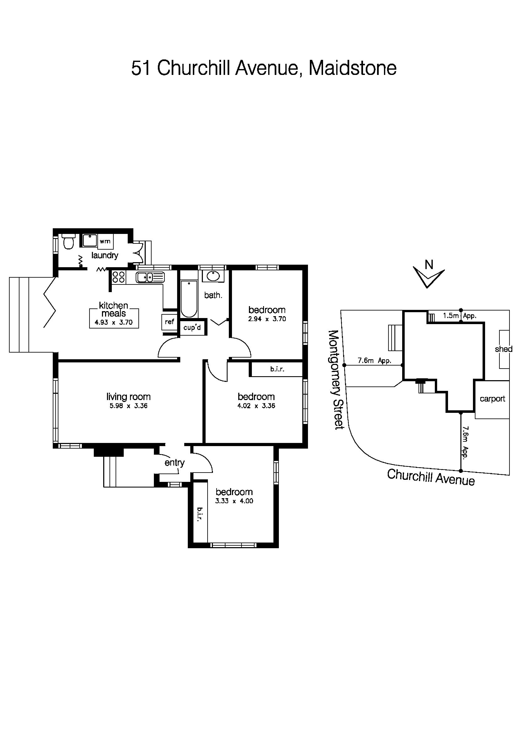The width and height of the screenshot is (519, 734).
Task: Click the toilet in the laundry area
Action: pos(68,242)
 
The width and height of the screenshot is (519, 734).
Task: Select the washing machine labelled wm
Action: pos(105,241)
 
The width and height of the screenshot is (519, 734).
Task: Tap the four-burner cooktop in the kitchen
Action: pos(118,277)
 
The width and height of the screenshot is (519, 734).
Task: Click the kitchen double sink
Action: pos(150,277)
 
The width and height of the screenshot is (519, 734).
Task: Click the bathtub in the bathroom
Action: pos(189,298)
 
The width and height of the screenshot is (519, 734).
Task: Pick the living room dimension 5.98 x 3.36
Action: pos(128,406)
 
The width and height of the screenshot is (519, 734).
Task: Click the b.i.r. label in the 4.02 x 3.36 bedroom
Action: pos(277,369)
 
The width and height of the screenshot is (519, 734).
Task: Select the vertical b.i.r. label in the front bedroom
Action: pos(200,514)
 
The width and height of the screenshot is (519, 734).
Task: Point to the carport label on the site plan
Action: pos(492,399)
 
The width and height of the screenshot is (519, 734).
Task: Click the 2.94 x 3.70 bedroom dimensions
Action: pos(267,319)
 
